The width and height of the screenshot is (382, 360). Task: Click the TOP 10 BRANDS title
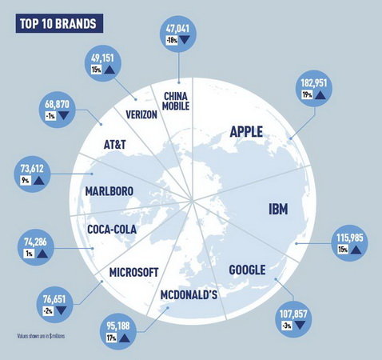[x=58, y=23]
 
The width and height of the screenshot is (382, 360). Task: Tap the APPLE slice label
[x=246, y=132]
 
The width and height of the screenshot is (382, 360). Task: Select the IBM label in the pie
[x=278, y=209]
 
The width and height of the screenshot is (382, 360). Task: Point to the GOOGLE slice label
[x=247, y=270]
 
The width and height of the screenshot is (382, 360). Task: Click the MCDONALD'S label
[x=189, y=295]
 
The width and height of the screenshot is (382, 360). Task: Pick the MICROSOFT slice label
[x=134, y=273]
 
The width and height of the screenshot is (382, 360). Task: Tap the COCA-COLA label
[x=112, y=230]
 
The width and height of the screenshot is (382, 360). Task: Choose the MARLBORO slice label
[x=109, y=191]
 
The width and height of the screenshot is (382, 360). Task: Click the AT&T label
[x=114, y=145]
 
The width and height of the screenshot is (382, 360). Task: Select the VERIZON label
[x=141, y=114]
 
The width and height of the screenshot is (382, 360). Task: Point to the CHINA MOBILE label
[x=176, y=101]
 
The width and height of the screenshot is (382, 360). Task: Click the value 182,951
[x=314, y=83]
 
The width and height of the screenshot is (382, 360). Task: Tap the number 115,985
[x=350, y=238]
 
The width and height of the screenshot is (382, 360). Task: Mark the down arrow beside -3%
[x=299, y=325]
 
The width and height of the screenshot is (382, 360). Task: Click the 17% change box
[x=111, y=338]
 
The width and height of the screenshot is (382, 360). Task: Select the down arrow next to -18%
[x=185, y=40]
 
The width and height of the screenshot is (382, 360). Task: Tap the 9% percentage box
[x=26, y=181]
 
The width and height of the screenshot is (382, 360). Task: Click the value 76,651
[x=54, y=299]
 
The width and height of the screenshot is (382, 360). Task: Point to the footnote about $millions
[x=41, y=336]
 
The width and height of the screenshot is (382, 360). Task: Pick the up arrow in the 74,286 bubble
[x=42, y=254]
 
